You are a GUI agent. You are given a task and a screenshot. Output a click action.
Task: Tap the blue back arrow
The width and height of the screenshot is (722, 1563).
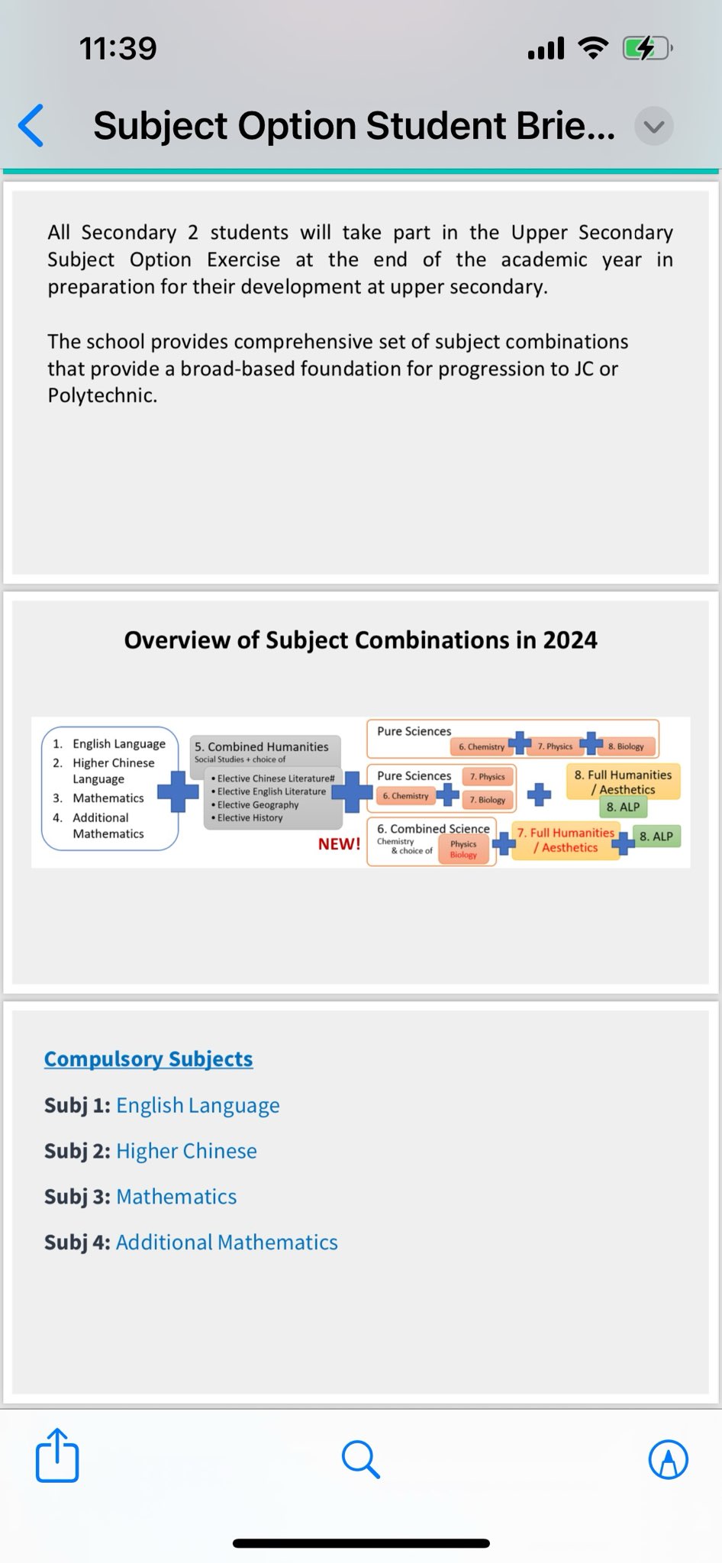click(31, 125)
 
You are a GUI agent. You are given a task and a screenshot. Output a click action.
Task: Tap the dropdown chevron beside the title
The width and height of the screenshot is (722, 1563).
click(654, 127)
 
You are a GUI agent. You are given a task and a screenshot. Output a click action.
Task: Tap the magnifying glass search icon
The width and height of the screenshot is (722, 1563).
click(360, 1459)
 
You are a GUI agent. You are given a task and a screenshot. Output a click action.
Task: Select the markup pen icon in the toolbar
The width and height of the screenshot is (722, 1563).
click(668, 1459)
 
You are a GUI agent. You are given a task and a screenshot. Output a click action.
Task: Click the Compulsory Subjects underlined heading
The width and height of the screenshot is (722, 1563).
click(148, 1059)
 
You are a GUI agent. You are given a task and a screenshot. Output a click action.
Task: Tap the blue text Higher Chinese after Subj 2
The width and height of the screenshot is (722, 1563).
click(186, 1151)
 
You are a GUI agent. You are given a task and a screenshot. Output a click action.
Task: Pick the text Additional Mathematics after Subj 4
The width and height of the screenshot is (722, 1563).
click(227, 1242)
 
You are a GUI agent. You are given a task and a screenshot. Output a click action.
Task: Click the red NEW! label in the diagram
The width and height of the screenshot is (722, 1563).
click(339, 844)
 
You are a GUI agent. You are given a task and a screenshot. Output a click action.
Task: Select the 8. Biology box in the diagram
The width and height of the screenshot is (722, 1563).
click(626, 746)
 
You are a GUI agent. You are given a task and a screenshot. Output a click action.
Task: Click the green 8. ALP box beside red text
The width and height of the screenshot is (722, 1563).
click(656, 836)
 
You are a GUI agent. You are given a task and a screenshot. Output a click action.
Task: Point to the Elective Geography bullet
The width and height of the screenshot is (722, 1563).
click(257, 804)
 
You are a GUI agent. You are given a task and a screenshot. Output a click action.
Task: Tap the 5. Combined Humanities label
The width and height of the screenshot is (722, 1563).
click(261, 746)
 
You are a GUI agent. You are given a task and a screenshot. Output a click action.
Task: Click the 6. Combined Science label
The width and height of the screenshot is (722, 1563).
click(433, 829)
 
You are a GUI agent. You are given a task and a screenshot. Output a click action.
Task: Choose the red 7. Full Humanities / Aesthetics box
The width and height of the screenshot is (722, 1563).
click(566, 840)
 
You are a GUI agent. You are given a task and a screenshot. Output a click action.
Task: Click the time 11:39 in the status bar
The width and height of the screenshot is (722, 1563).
click(118, 49)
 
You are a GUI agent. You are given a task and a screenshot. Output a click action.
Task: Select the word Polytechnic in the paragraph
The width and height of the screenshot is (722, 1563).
click(102, 395)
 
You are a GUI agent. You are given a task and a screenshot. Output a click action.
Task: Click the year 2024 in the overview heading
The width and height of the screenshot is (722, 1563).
click(569, 640)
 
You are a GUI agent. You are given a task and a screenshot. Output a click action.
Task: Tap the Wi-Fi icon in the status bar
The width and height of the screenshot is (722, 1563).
click(593, 48)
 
